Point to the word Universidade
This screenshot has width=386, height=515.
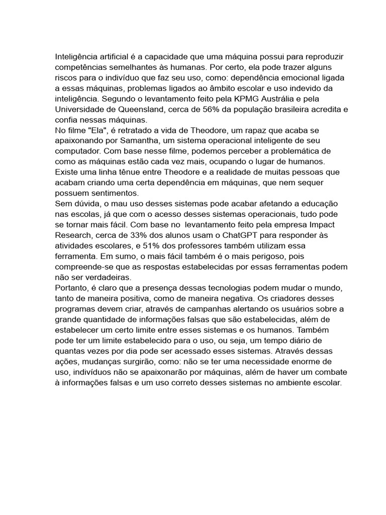click(81, 109)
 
